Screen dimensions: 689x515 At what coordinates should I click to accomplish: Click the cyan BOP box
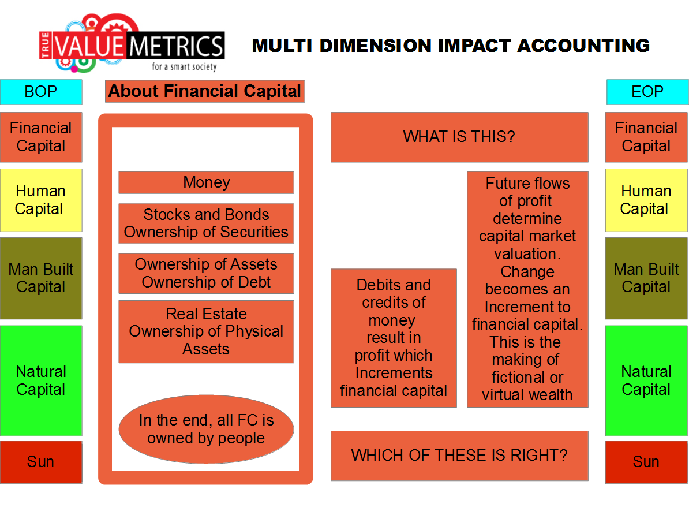click(41, 92)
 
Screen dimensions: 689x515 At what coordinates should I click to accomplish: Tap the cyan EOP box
click(647, 92)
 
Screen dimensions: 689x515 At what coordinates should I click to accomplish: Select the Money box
click(206, 182)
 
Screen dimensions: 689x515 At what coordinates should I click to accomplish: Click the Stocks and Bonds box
click(206, 223)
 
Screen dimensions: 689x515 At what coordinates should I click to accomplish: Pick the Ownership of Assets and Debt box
click(206, 273)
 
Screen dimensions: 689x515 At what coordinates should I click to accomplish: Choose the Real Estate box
click(206, 331)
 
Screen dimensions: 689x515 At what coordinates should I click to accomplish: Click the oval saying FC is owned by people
click(206, 429)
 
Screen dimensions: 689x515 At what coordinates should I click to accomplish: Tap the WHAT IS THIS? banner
click(459, 137)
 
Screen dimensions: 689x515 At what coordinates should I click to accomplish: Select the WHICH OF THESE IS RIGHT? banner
click(459, 456)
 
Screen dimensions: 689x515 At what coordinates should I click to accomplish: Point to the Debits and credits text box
click(394, 338)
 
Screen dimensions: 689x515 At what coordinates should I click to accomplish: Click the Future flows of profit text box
click(527, 289)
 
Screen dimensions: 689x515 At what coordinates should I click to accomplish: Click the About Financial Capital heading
click(205, 91)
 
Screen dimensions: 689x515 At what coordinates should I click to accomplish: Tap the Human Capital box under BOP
click(41, 200)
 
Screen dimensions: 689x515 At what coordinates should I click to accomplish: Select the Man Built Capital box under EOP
click(646, 278)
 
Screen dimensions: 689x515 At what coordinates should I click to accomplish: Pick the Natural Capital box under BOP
click(41, 381)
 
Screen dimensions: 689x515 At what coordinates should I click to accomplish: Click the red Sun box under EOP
click(646, 462)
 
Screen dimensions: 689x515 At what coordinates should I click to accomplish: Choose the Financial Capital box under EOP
click(646, 137)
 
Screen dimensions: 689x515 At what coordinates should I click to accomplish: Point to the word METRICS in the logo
click(176, 46)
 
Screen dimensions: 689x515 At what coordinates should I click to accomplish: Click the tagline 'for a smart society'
click(184, 66)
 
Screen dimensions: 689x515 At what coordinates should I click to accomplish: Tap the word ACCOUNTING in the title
click(583, 46)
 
